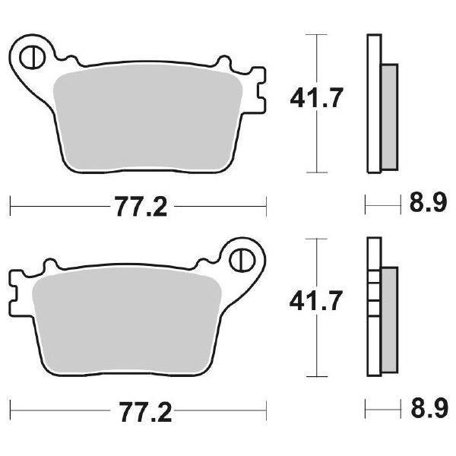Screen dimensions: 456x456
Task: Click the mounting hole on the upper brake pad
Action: click(x=32, y=56)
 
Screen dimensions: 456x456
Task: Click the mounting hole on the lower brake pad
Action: click(x=242, y=259)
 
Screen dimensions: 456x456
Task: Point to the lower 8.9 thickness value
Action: click(x=427, y=413)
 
